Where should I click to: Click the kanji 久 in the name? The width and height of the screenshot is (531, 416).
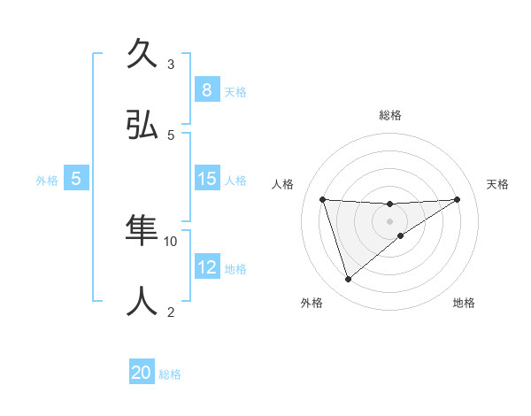coord(141,53)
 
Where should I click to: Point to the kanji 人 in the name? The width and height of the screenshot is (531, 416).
coord(141,302)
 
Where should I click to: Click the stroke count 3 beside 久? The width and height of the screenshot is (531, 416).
coord(171,64)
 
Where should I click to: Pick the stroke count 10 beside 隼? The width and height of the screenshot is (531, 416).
coord(171,241)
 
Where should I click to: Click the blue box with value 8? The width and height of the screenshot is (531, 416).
coord(206,89)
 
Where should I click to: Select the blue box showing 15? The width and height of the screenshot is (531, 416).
coord(206,179)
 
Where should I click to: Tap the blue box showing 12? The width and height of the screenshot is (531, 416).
coord(206,267)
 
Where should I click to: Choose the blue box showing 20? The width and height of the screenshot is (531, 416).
coord(142,373)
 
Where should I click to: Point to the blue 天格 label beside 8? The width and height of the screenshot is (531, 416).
coord(235,91)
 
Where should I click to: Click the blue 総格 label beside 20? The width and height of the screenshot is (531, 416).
coord(170,374)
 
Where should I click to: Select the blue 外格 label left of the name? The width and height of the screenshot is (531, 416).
coord(47,181)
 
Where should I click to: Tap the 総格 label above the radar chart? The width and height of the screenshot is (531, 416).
coord(389,115)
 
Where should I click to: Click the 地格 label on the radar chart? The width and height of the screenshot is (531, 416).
coord(464,303)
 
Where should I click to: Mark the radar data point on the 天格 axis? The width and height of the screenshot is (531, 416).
coord(457,199)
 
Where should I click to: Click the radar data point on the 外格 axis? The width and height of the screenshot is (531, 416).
coord(348,280)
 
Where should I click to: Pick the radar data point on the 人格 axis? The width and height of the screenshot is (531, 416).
coord(322,199)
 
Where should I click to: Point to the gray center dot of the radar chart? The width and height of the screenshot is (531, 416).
coord(389,220)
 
